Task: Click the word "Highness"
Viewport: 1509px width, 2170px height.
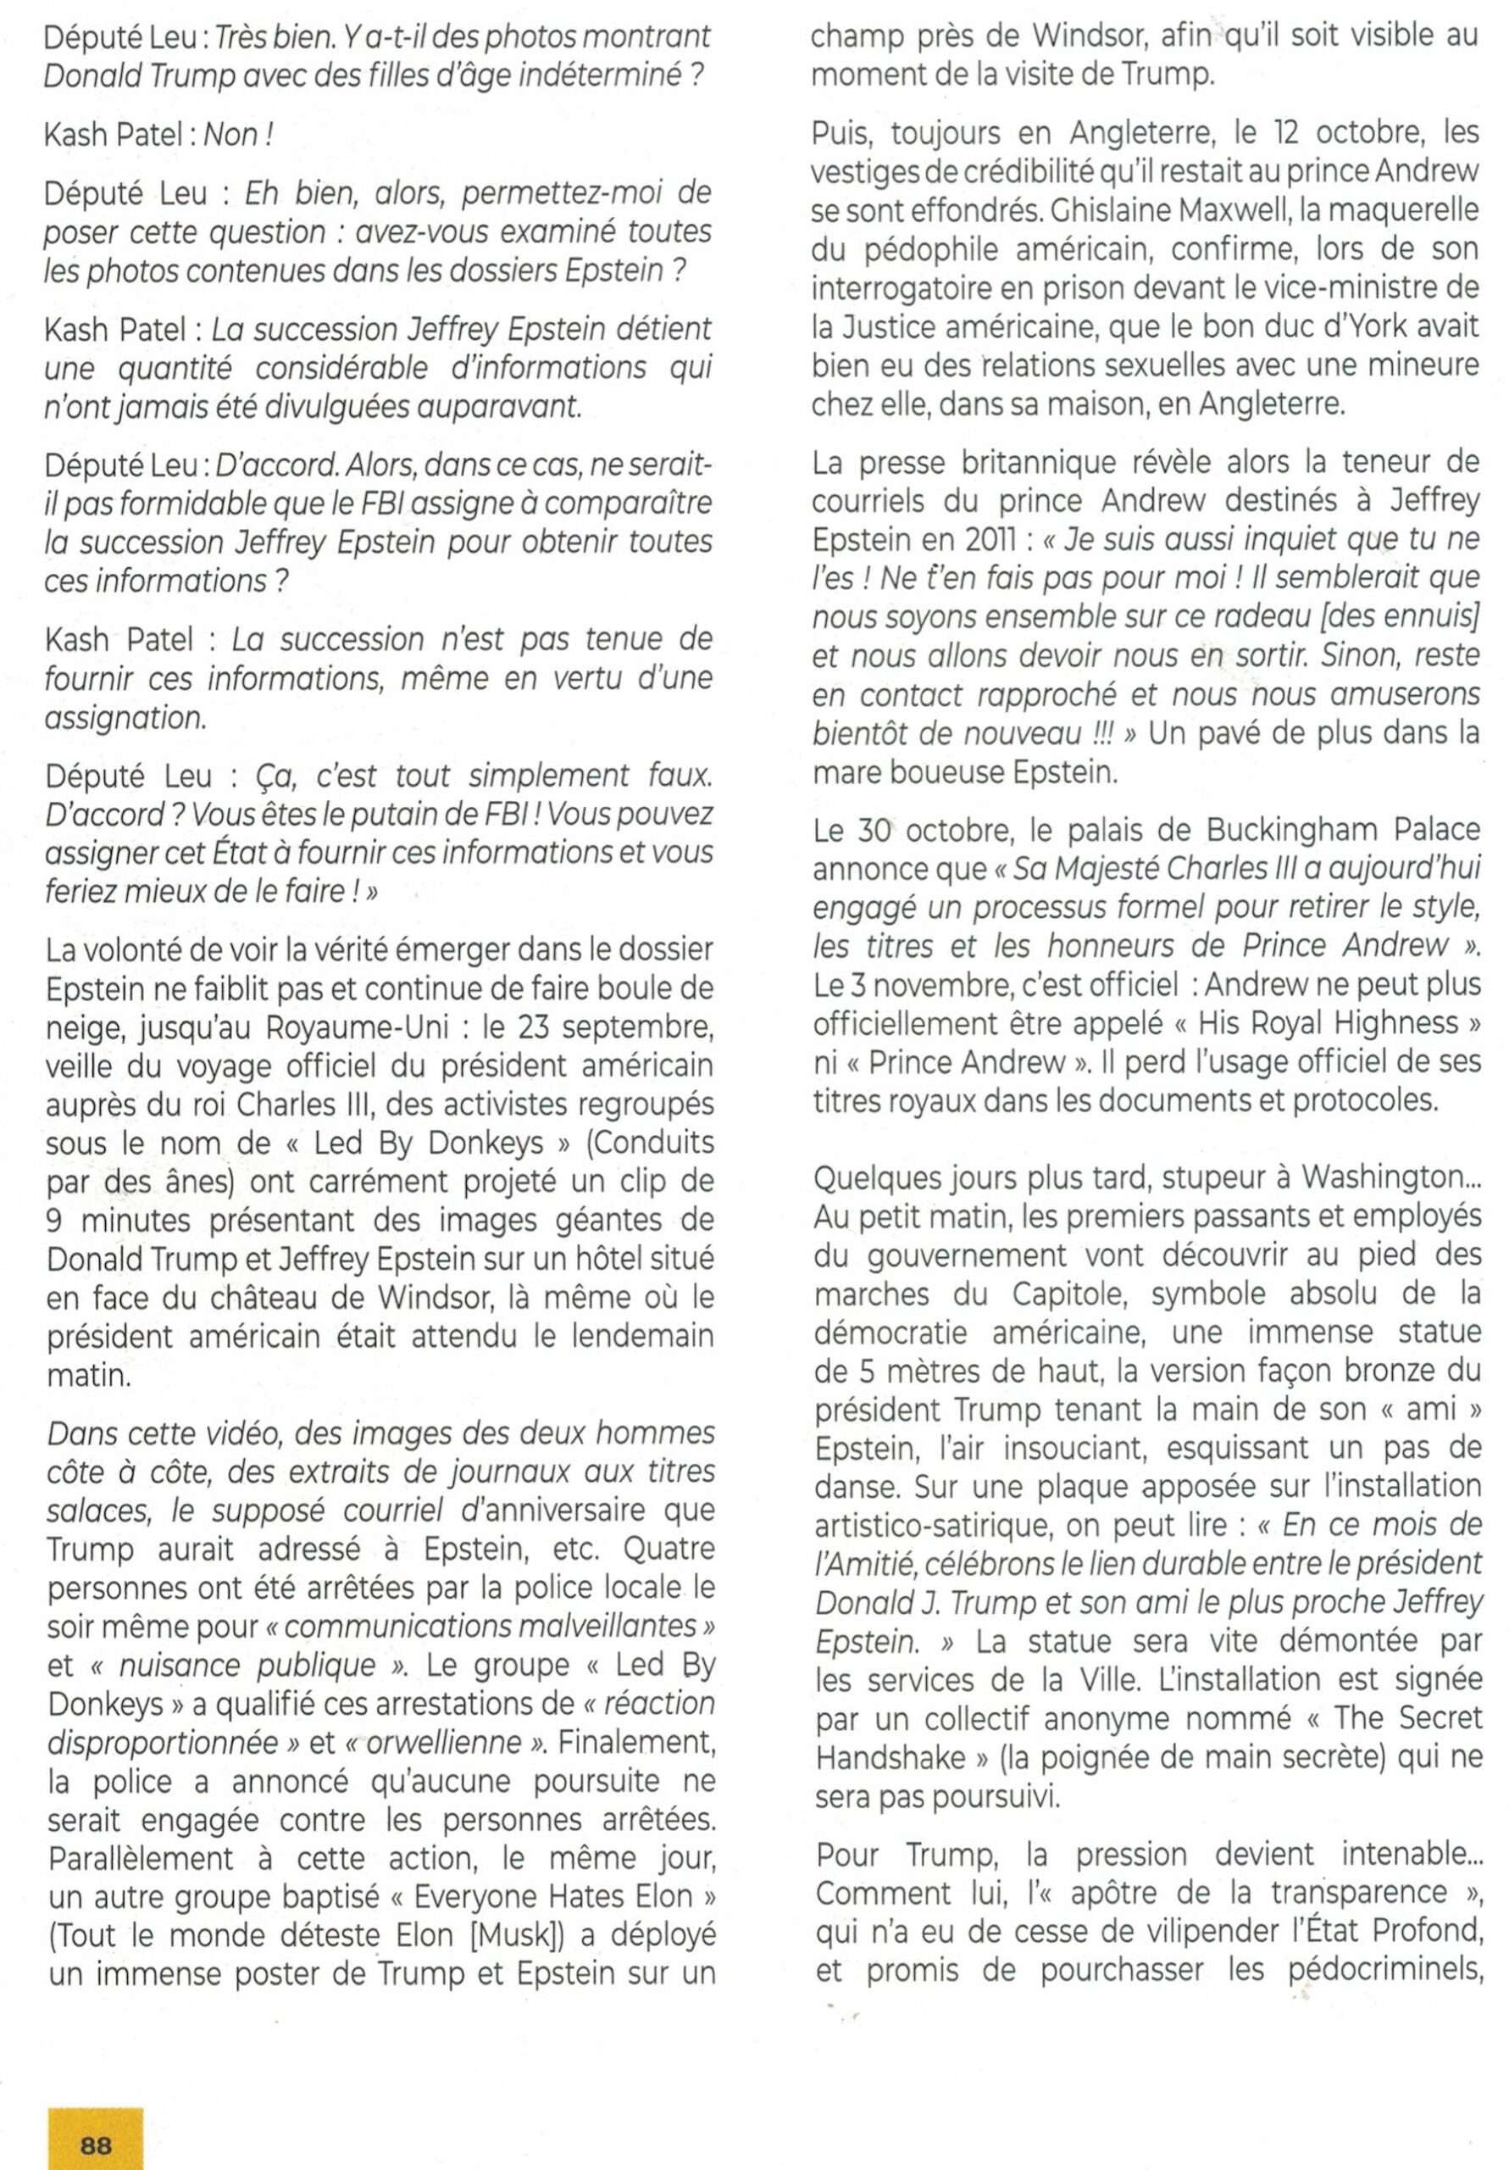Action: [x=1390, y=1024]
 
